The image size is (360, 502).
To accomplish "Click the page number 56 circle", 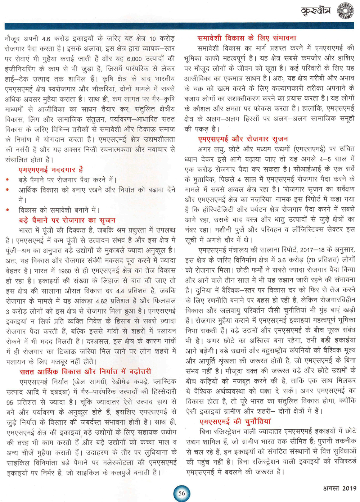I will [x=181, y=493].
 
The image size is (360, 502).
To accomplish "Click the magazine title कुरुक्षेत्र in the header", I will [x=316, y=11].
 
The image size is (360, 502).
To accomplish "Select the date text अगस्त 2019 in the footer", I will [x=339, y=488].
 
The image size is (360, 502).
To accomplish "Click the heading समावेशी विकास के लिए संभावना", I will [x=247, y=38].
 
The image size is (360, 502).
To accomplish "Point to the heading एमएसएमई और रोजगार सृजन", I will [x=243, y=139].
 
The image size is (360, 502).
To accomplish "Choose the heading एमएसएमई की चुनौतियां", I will [x=235, y=421].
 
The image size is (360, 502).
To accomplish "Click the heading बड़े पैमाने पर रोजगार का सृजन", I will [x=67, y=220].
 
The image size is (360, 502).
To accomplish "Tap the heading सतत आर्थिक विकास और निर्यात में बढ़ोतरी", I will [x=85, y=371].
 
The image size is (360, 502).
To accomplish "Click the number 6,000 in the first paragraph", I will [x=134, y=59].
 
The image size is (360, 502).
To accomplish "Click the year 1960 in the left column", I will [x=64, y=271].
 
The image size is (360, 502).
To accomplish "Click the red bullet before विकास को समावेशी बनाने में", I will [x=8, y=210].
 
